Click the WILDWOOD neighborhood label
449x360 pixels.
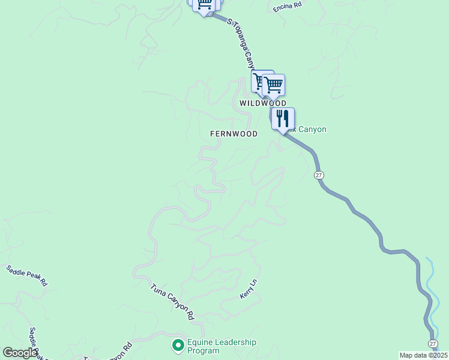(x=262, y=103)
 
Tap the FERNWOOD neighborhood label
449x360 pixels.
(x=234, y=134)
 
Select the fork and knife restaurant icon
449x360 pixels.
(x=283, y=118)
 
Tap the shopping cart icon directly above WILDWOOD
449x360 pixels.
(x=273, y=85)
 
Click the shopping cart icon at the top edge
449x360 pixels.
(x=204, y=5)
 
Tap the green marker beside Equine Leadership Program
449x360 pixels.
(x=177, y=345)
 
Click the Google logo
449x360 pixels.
(x=20, y=353)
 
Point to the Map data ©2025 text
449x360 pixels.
(x=423, y=355)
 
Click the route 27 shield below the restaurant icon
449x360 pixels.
(x=319, y=175)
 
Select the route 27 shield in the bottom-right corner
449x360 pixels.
(x=433, y=343)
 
